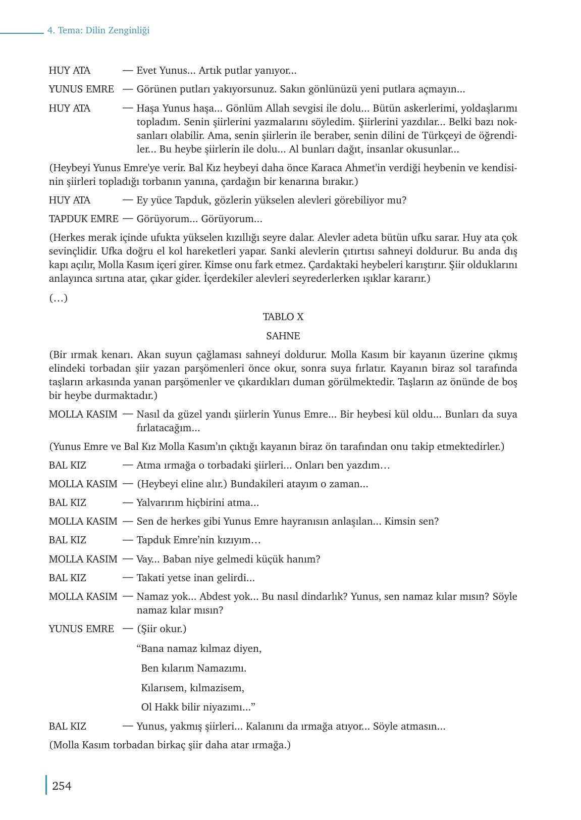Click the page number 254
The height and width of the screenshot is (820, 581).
[x=62, y=786]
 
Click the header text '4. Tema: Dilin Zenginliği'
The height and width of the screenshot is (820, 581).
[x=98, y=30]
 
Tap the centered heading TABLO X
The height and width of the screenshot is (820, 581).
[x=283, y=317]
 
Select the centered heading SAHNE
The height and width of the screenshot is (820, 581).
[x=283, y=336]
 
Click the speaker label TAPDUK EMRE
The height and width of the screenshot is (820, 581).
[x=83, y=219]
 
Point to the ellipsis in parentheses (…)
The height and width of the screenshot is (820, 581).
[x=58, y=298]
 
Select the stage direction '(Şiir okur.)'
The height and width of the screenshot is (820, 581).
[x=162, y=629]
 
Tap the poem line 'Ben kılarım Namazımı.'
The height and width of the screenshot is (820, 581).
[x=194, y=668]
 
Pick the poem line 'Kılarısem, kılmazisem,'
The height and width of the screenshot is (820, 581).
[x=192, y=688]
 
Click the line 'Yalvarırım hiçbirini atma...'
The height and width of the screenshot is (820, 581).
[x=197, y=502]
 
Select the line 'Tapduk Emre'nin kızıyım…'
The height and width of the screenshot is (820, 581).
[x=198, y=540]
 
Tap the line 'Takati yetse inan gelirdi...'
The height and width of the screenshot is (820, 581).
[x=195, y=578]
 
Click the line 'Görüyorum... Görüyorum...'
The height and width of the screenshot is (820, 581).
[x=199, y=219]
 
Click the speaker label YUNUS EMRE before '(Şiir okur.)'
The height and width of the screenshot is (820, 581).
[x=81, y=629]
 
